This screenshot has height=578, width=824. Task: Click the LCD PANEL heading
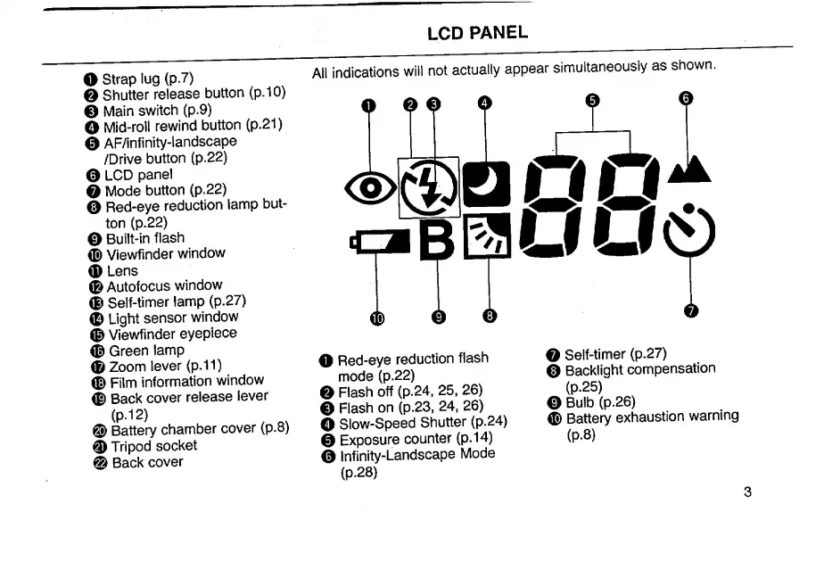[477, 34]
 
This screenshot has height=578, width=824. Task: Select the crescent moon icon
[485, 185]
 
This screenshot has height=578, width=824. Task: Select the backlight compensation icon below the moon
[487, 235]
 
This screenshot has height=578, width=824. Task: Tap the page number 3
[747, 492]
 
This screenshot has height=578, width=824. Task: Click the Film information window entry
[186, 382]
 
